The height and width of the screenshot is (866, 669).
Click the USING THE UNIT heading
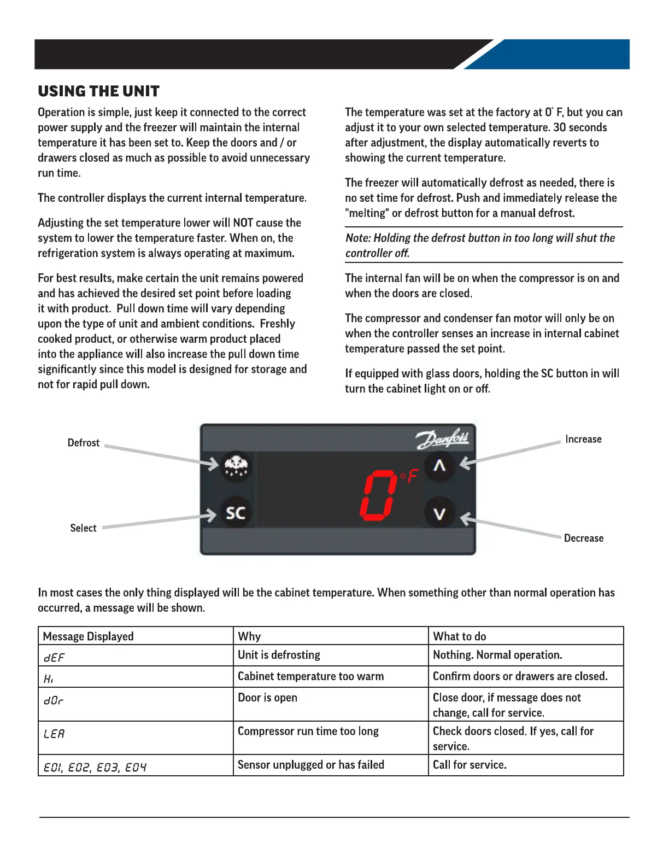99,91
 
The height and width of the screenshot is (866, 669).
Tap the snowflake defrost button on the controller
236,466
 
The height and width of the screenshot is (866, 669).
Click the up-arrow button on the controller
439,466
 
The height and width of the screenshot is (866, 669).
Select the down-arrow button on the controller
439,513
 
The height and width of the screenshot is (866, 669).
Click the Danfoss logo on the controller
442,438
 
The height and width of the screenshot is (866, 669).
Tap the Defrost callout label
84,443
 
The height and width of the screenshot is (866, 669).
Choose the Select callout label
83,528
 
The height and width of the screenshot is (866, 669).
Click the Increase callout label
583,440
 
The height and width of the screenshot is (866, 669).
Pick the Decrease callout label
584,539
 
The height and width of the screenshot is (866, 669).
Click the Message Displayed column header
89,636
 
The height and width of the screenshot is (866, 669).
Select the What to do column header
460,636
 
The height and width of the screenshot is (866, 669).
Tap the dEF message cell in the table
54,658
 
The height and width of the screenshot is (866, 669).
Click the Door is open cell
268,698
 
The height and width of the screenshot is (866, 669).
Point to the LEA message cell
54,734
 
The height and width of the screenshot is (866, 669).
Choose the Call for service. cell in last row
470,765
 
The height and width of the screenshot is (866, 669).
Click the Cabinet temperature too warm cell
310,677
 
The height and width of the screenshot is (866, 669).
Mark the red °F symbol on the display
409,476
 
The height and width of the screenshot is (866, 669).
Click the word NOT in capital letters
243,223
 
